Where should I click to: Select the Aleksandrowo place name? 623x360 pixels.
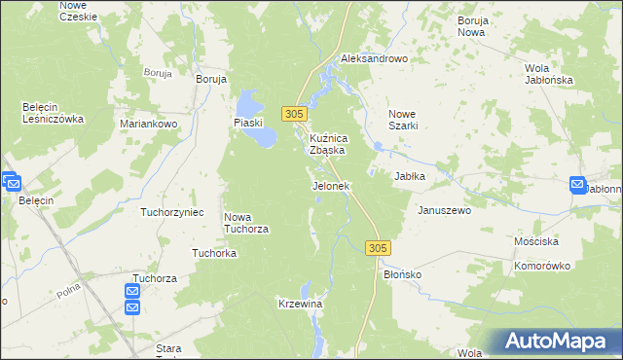click(x=374, y=58)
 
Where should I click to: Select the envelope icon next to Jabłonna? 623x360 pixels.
click(x=578, y=185)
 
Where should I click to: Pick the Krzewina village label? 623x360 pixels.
click(x=300, y=304)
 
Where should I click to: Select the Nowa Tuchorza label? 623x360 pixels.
click(x=245, y=223)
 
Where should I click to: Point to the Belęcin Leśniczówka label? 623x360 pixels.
click(x=54, y=113)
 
